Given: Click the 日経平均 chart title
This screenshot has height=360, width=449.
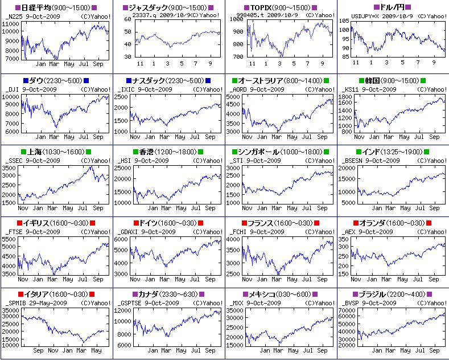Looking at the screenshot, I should [35, 7].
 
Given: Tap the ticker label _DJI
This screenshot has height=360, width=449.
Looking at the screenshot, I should [13, 89].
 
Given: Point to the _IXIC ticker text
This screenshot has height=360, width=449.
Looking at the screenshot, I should [126, 89].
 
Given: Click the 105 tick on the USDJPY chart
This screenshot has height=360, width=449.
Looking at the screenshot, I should [345, 20].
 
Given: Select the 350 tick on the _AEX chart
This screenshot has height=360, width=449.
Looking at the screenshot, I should [345, 239].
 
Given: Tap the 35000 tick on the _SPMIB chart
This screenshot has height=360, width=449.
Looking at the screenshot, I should [10, 310].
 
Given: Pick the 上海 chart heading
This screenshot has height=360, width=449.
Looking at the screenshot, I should [31, 152].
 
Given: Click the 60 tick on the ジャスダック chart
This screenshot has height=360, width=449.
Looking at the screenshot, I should [129, 20].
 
